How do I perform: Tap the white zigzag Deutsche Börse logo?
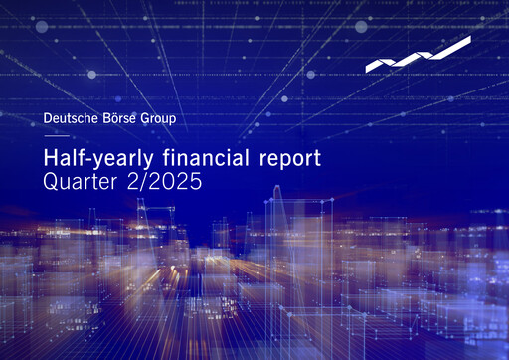pos(418,55)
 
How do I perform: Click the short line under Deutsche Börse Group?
pos(57,136)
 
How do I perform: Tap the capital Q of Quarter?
pos(53,182)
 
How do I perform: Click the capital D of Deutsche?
pos(50,120)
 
